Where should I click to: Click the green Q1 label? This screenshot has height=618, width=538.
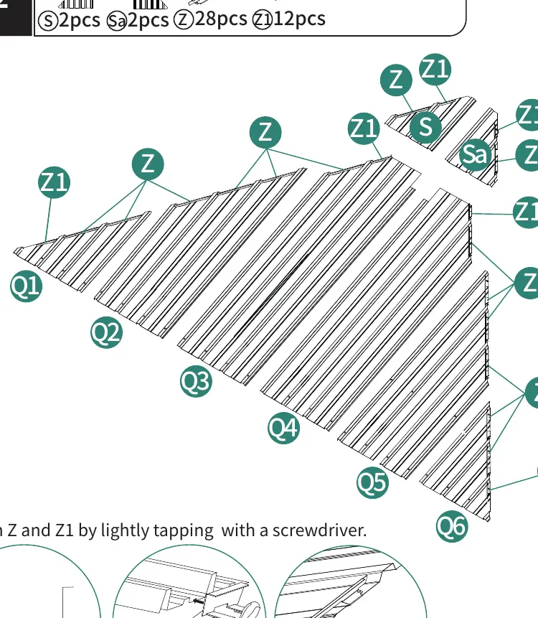pyautogui.click(x=27, y=286)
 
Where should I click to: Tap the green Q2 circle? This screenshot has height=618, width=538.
pyautogui.click(x=106, y=332)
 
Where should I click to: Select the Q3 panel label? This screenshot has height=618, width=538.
pyautogui.click(x=196, y=381)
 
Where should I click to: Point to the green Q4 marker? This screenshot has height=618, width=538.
pyautogui.click(x=283, y=428)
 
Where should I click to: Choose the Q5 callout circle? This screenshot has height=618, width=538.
pyautogui.click(x=372, y=482)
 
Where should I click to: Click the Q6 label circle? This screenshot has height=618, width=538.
pyautogui.click(x=452, y=526)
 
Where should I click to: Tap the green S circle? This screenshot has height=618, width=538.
pyautogui.click(x=425, y=127)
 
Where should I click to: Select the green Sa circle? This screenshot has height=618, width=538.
pyautogui.click(x=476, y=154)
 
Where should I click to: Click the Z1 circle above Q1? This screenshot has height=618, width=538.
pyautogui.click(x=55, y=182)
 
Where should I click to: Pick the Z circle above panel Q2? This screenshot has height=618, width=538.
pyautogui.click(x=148, y=164)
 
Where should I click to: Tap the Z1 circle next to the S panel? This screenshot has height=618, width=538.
pyautogui.click(x=435, y=70)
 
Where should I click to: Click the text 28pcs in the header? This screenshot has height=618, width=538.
pyautogui.click(x=220, y=19)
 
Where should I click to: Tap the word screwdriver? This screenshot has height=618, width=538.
pyautogui.click(x=319, y=530)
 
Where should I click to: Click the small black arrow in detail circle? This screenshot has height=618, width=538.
pyautogui.click(x=199, y=601)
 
